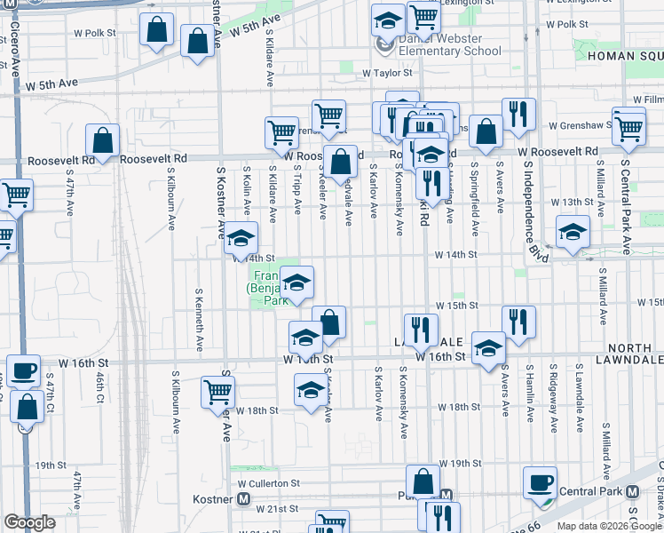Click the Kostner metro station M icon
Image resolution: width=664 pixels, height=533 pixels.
(x=242, y=499)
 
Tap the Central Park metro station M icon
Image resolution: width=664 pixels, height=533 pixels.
(x=632, y=491)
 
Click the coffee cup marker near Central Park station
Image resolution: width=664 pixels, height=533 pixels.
(x=539, y=482)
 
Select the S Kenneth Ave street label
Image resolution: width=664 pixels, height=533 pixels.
(x=201, y=317)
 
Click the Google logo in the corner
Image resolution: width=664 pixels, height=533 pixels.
(x=29, y=522)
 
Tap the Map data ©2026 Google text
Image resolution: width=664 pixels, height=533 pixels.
(x=609, y=526)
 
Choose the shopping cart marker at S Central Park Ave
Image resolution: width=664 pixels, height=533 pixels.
(x=628, y=127)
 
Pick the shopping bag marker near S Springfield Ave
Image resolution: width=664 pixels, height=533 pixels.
(x=486, y=131)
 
